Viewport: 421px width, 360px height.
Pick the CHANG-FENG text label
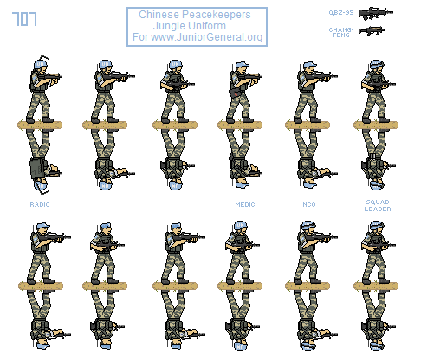340,31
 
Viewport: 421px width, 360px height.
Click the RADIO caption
39,204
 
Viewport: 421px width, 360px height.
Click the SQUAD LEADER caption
378,209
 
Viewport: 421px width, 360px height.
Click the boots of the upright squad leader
375,119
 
